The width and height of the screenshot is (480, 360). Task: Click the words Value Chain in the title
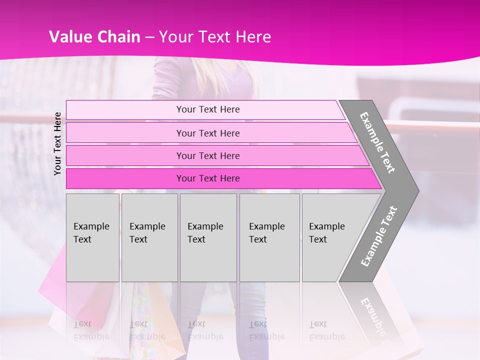[x=94, y=37]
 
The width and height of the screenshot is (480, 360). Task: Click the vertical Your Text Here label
[x=57, y=143]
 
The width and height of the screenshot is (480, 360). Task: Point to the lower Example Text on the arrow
[x=379, y=236]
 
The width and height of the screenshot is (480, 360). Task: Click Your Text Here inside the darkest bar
[x=208, y=178]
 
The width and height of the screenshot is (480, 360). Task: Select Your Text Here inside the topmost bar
[x=208, y=109]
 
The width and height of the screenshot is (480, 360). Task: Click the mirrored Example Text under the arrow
[x=373, y=315]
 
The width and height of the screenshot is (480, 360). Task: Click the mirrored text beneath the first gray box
[x=91, y=330]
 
